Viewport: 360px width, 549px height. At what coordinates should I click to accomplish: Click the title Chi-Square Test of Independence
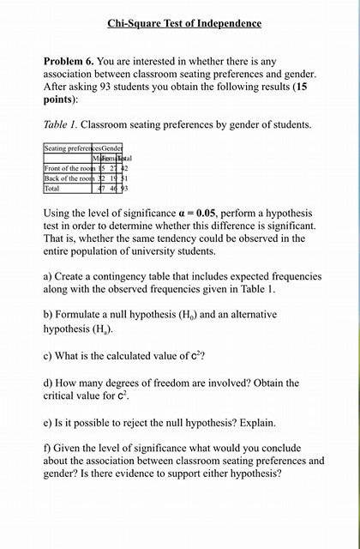coord(184,23)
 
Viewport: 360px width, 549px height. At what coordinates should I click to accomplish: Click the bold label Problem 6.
coord(69,63)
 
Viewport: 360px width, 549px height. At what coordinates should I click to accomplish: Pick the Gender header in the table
coord(111,148)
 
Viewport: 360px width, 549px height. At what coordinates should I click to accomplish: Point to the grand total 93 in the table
coord(123,188)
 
